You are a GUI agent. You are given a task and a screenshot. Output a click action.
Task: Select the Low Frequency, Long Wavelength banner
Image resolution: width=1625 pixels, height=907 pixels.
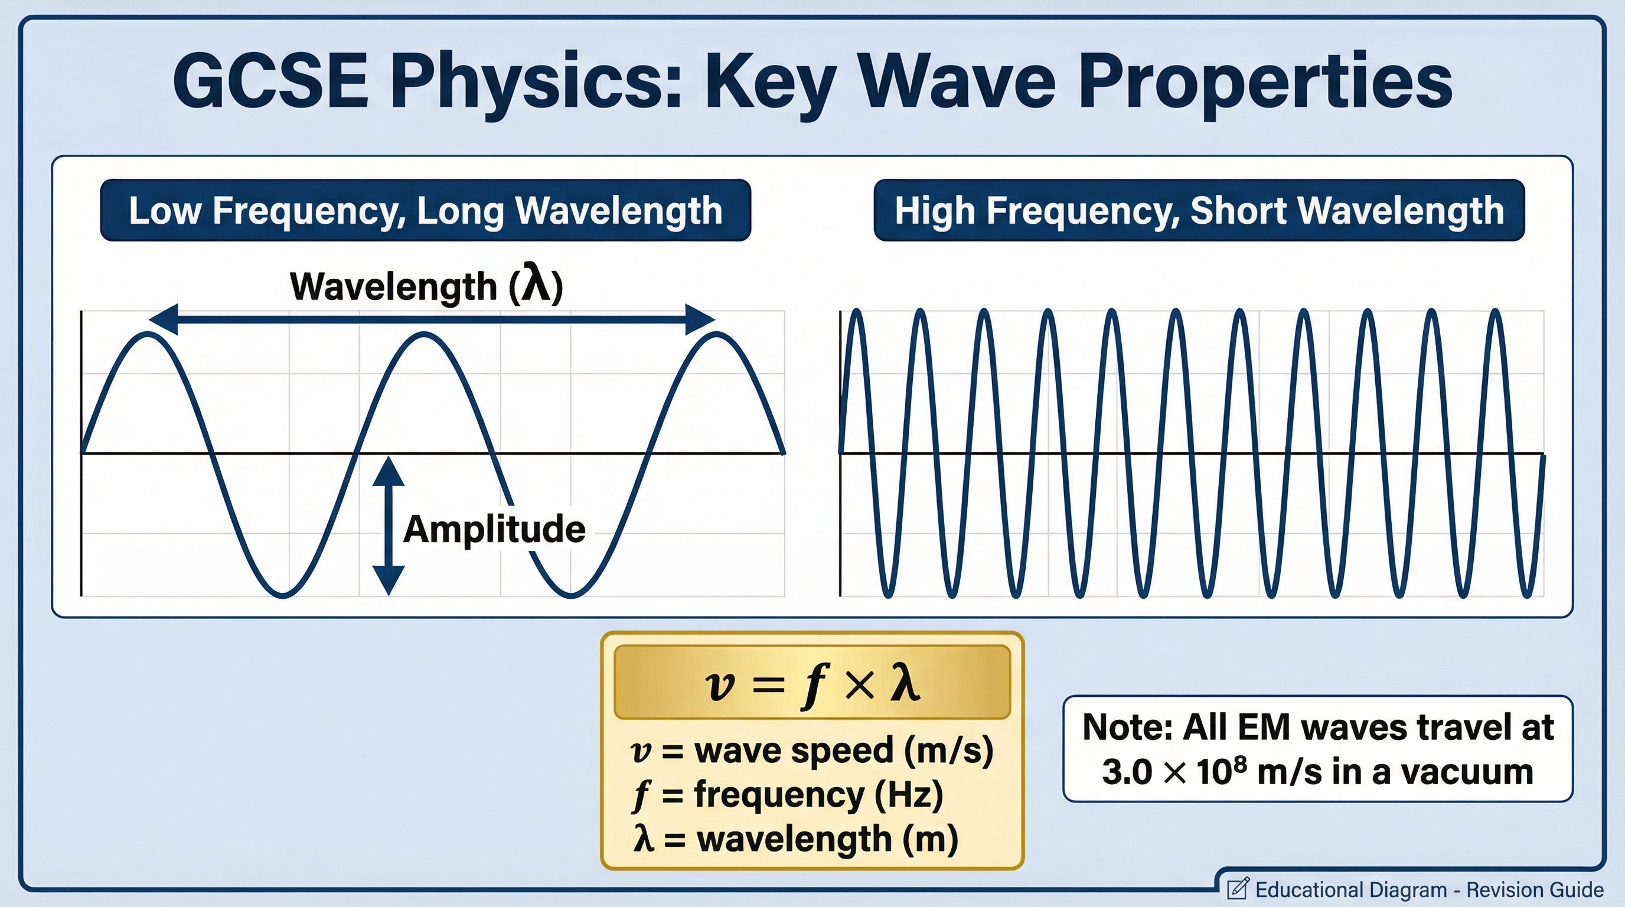[x=425, y=210]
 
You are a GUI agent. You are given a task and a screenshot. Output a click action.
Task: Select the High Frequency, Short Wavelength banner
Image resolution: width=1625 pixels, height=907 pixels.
[x=1199, y=210]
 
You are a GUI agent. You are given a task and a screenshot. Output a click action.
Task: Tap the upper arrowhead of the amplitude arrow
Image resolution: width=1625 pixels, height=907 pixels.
[x=388, y=472]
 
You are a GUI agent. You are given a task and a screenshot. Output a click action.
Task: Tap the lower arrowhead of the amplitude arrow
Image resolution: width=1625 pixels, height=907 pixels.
[x=388, y=579]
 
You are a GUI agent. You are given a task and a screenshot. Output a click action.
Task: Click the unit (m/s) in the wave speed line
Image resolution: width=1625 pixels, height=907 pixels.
[x=948, y=751]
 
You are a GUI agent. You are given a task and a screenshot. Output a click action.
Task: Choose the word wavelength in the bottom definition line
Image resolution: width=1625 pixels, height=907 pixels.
[x=794, y=839]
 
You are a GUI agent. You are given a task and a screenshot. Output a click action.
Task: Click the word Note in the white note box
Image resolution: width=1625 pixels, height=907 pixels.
[x=1127, y=727]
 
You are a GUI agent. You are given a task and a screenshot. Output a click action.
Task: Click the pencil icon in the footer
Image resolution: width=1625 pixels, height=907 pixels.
[x=1237, y=888]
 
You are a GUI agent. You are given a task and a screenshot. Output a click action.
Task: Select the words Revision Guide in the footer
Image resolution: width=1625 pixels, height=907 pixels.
[x=1534, y=889]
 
